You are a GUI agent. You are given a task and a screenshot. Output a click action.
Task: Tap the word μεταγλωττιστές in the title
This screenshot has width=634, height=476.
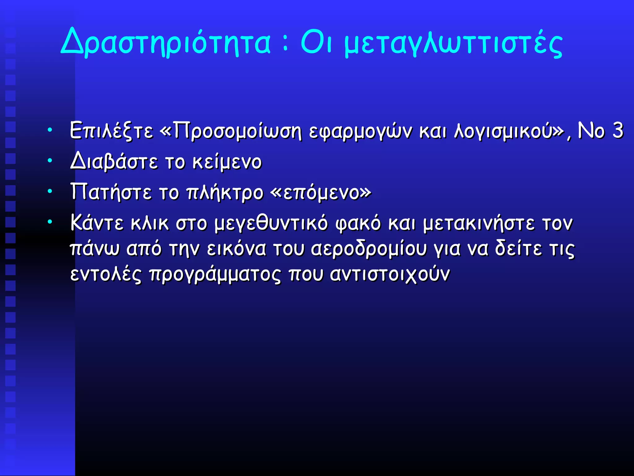tap(453, 43)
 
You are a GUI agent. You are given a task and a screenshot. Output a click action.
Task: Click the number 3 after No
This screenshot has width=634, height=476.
tap(618, 130)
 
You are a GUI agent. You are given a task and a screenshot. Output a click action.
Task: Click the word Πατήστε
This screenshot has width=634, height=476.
tap(111, 192)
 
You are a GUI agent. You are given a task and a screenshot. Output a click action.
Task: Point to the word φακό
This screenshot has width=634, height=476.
tap(358, 223)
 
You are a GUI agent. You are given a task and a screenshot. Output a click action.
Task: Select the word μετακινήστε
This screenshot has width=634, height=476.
tap(479, 223)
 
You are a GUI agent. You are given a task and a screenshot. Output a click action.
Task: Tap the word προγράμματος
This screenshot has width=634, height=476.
tap(215, 275)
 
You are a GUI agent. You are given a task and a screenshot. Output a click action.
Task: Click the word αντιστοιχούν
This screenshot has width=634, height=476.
tap(389, 275)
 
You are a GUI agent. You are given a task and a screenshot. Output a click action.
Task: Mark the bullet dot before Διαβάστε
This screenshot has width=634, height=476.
tap(50, 161)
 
